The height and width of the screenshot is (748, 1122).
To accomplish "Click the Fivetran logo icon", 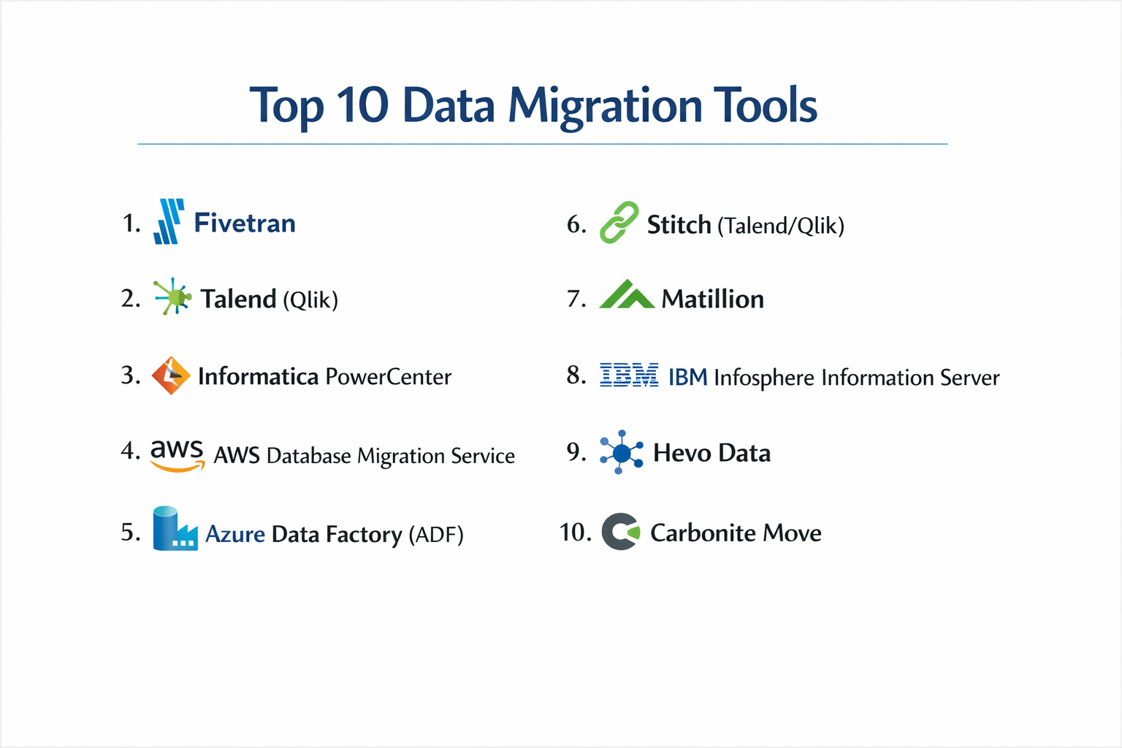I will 169,221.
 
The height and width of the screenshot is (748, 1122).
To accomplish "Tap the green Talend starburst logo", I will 173,297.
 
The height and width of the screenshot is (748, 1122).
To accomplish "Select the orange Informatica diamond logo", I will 171,375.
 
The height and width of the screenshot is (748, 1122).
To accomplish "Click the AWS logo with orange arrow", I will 177,454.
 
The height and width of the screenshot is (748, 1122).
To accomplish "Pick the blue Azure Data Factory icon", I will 175,529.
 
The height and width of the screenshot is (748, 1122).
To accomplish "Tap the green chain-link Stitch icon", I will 619,223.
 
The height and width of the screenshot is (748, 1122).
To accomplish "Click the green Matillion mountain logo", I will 627,295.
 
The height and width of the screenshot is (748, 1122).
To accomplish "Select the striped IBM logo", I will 628,375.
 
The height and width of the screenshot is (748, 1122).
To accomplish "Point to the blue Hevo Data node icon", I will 621,452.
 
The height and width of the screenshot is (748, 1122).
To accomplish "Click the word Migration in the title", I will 605,106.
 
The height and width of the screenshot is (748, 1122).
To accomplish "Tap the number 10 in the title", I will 362,106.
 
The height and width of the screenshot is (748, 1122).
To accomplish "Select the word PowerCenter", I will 388,377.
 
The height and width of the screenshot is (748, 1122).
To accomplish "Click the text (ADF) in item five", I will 436,535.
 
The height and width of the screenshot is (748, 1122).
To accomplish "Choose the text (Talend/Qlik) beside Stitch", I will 780,226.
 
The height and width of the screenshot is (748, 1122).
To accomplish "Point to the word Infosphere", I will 763,378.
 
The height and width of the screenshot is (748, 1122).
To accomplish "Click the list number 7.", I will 576,299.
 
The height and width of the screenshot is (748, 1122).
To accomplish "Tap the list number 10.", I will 575,532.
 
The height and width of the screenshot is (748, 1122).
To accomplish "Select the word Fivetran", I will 245,223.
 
